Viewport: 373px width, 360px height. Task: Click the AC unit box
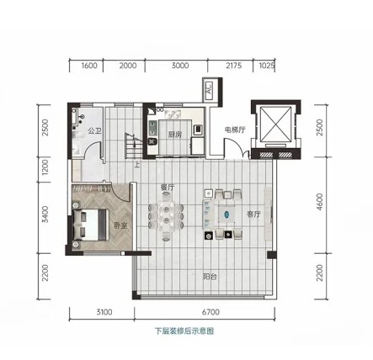210,88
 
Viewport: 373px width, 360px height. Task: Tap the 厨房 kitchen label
175,135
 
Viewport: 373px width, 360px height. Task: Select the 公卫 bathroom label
94,130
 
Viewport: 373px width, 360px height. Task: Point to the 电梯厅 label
235,130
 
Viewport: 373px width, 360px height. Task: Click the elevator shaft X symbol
276,124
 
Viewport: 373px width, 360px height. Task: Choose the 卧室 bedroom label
121,225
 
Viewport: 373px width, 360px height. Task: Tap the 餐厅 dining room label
168,187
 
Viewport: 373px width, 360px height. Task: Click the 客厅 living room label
253,214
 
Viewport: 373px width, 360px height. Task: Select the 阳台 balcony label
210,277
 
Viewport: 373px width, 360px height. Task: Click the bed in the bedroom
90,225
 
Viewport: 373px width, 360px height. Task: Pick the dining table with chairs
167,217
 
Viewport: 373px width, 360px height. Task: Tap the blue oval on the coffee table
226,214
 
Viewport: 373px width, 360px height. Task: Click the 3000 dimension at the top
180,66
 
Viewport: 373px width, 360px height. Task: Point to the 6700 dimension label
210,312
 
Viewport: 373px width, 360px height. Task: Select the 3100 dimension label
104,312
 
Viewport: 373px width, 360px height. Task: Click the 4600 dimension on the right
319,202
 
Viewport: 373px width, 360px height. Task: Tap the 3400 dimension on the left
45,214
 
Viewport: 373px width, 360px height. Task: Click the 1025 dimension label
266,66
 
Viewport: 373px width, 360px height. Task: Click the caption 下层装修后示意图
184,331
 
